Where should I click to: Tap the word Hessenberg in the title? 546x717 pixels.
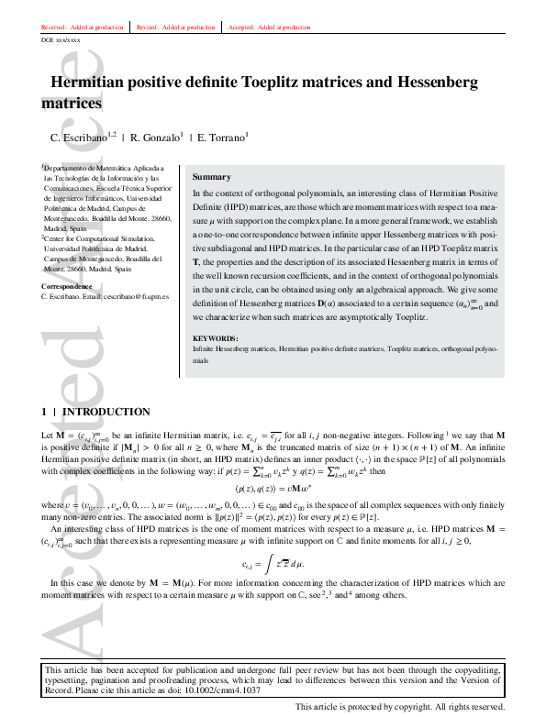point(430,83)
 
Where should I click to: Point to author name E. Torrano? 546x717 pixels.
point(223,138)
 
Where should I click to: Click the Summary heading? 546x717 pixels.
point(212,177)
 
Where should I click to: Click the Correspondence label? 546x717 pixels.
point(67,287)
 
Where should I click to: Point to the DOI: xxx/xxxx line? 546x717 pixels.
point(61,40)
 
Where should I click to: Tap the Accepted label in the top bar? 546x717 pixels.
point(240,28)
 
